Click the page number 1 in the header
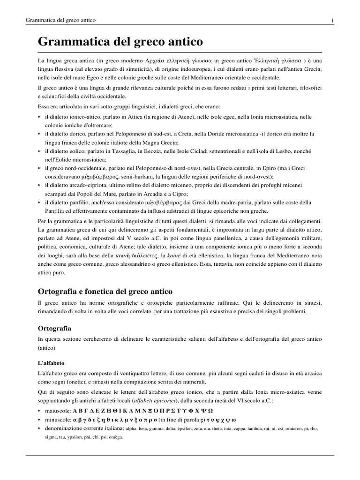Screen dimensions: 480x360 click(x=332, y=20)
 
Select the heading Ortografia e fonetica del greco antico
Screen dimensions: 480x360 click(x=105, y=291)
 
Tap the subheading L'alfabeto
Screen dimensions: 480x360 click(x=51, y=363)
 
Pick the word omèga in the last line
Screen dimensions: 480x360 click(x=115, y=437)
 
